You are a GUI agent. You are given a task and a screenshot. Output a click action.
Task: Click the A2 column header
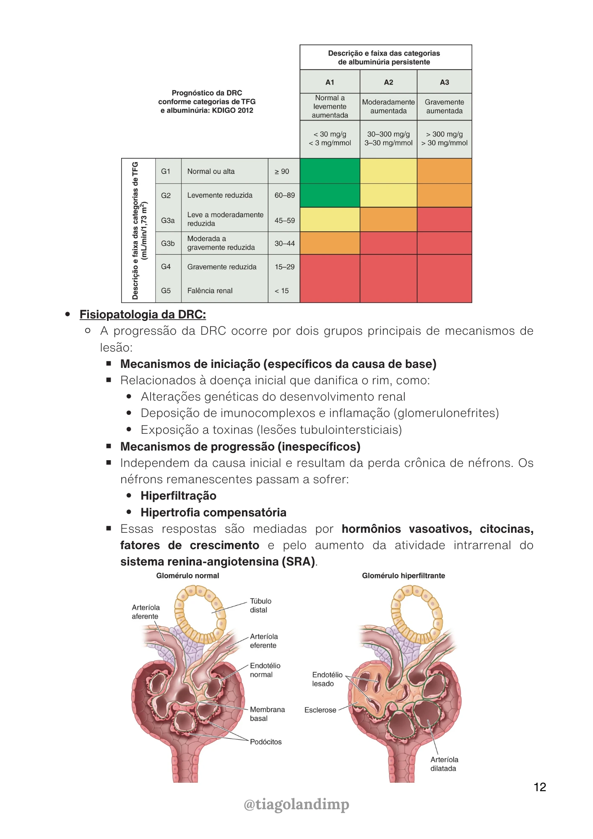(x=388, y=82)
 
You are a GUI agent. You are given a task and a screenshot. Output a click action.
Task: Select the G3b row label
(x=168, y=243)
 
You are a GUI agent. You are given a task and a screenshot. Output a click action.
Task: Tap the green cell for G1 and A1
(x=330, y=171)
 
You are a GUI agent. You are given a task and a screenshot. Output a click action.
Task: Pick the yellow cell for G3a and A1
(x=330, y=219)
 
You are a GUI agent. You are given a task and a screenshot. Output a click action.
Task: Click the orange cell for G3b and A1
(x=330, y=243)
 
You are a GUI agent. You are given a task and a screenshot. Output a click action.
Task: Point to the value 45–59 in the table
(x=284, y=220)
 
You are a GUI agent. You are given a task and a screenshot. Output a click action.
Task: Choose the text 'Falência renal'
(x=210, y=291)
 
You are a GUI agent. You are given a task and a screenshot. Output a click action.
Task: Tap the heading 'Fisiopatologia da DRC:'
(x=143, y=315)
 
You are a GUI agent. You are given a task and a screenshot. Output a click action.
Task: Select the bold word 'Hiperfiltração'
(x=178, y=496)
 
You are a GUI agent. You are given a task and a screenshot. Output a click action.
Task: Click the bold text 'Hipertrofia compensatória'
(x=213, y=513)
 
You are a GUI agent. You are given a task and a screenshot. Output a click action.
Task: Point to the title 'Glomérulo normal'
(x=187, y=576)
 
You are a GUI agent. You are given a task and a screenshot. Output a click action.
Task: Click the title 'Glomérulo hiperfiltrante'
(x=403, y=576)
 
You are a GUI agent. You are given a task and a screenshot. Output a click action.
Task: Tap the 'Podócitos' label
(x=266, y=742)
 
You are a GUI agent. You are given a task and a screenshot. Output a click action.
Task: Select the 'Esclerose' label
(x=320, y=710)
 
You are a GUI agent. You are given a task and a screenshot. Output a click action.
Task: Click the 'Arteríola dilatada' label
(x=444, y=764)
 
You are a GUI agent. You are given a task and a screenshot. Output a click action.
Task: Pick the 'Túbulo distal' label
(x=260, y=605)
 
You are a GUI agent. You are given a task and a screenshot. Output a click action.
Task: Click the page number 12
(x=540, y=787)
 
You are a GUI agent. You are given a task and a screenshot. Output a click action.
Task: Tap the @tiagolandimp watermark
(x=296, y=804)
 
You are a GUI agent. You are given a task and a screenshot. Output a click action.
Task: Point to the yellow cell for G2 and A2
(x=388, y=195)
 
